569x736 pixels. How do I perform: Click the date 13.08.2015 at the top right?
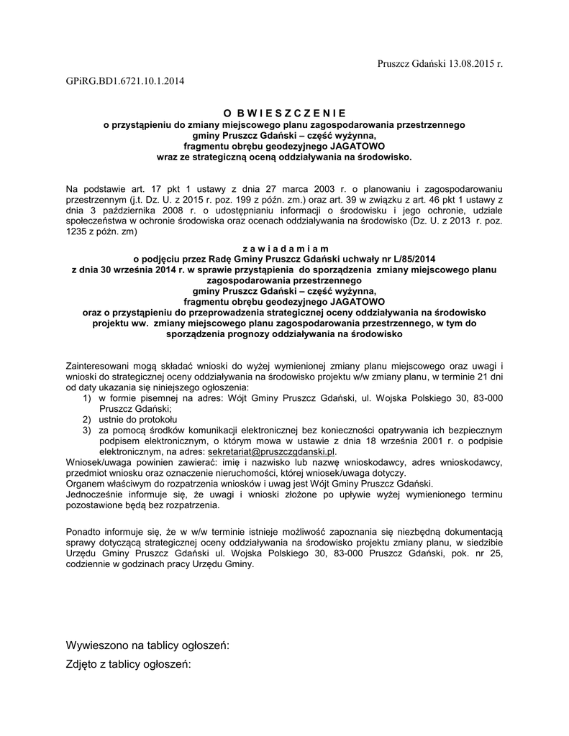[x=471, y=64]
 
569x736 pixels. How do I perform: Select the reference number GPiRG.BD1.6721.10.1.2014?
[x=124, y=81]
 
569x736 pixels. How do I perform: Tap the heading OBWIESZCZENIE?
[x=284, y=114]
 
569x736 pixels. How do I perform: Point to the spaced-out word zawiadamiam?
[x=284, y=248]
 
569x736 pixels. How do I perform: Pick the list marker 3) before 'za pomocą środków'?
[x=86, y=430]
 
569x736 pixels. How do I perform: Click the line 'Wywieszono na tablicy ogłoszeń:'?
[x=147, y=645]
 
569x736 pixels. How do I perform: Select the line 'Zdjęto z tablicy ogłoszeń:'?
[x=129, y=664]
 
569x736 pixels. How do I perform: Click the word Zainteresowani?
[x=101, y=365]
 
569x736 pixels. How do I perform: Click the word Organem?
[x=85, y=484]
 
